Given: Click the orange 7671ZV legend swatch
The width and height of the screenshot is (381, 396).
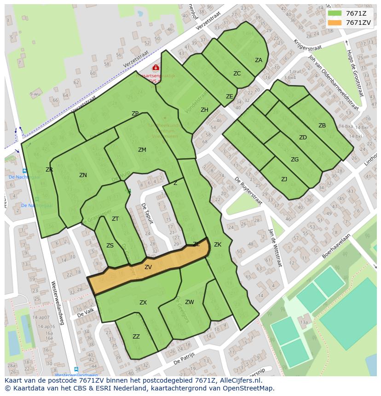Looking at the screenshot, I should tap(335, 23).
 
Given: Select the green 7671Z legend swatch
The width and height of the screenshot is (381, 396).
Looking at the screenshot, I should tap(335, 13).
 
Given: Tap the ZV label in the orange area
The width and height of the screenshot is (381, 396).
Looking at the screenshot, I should tap(148, 267).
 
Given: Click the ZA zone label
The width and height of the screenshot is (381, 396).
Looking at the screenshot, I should tap(259, 60).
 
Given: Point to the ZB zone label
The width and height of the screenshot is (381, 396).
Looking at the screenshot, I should tap(322, 126).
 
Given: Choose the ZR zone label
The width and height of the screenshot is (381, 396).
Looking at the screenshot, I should tap(49, 170).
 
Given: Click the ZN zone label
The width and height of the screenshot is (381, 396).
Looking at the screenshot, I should tap(83, 175).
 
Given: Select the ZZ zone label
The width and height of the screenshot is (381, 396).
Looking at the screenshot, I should tap(136, 337).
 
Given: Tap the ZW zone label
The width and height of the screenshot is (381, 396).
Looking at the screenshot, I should tap(190, 302).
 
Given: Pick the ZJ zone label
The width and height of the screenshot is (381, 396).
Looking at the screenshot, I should tap(284, 179).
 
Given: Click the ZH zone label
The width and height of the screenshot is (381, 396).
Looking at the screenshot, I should tap(204, 110).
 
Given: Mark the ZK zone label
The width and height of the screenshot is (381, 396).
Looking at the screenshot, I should tap(218, 245).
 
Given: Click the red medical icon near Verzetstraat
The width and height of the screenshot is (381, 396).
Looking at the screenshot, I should tap(156, 68).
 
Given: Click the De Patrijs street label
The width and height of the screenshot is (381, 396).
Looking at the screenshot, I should tap(184, 358).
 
